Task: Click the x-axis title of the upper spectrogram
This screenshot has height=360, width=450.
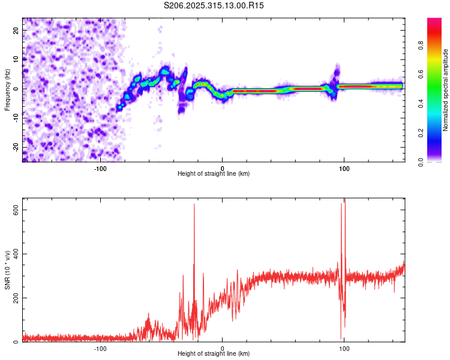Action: point(214,174)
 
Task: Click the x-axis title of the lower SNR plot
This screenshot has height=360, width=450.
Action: point(214,354)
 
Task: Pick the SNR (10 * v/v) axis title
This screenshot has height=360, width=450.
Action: point(7,270)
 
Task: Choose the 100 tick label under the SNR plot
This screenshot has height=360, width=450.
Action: point(344,349)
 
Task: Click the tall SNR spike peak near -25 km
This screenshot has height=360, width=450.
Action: point(194,205)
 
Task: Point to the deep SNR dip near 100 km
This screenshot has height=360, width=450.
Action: point(341,339)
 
